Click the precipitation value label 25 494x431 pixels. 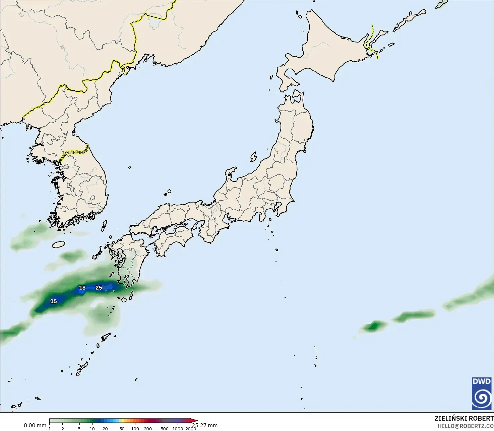coord(99,288)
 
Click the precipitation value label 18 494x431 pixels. coord(82,288)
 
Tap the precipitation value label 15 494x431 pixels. coord(53,301)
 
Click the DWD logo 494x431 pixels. coord(482,393)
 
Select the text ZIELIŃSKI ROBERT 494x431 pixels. coord(464,418)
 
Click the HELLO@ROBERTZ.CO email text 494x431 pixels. coord(466,426)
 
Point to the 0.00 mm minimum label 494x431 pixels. coord(35,425)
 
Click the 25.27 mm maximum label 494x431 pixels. coord(204,425)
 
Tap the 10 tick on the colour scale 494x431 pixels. coord(92,429)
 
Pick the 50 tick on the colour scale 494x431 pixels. coord(122,429)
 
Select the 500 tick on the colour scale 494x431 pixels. coord(165,429)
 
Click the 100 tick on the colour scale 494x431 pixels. coord(135,429)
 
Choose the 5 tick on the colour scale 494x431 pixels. coord(79,429)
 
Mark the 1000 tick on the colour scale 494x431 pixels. coord(178,429)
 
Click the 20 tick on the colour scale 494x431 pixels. coord(105,429)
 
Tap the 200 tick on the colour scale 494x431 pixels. coord(148,429)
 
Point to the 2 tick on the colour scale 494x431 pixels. coord(63,429)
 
